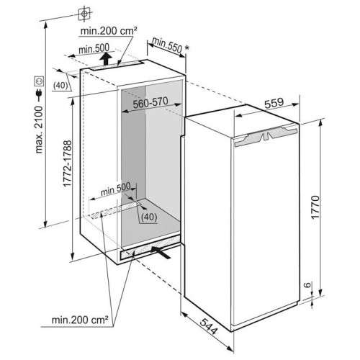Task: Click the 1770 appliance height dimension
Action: coord(315,207)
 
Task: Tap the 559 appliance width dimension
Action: coord(274,103)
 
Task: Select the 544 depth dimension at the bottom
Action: coord(209,326)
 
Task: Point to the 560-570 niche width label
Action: coord(150,103)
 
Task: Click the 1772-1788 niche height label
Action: coord(67,163)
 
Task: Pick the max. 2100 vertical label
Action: coord(38,130)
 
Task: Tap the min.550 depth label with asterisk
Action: coord(170,45)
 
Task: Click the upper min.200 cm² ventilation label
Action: coord(109,31)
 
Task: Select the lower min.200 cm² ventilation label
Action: coord(80,320)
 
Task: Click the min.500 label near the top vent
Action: coord(94,49)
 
